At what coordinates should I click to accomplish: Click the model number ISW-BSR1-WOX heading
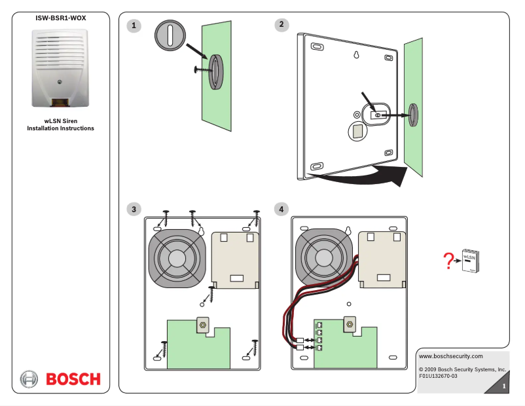click(60, 18)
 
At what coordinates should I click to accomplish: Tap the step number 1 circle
click(134, 26)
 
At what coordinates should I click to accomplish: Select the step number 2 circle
click(281, 25)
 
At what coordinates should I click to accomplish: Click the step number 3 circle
click(134, 209)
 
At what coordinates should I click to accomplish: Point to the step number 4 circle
click(281, 209)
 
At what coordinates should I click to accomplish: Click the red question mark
click(448, 261)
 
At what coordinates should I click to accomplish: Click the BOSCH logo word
click(73, 379)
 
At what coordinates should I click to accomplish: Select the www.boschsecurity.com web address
click(450, 356)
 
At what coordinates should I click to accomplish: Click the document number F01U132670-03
click(438, 376)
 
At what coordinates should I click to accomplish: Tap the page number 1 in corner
click(503, 388)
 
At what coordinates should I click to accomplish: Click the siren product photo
click(60, 68)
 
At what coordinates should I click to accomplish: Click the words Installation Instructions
click(60, 128)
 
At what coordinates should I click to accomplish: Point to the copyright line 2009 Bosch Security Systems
click(462, 369)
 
